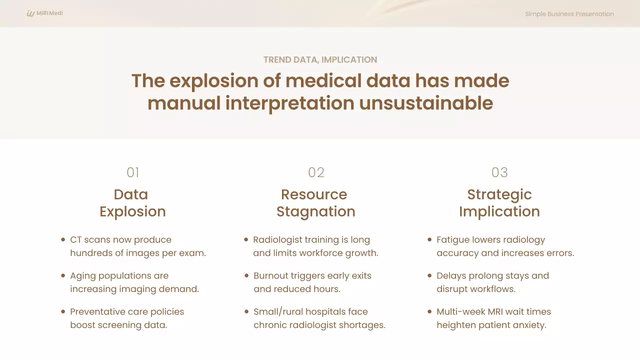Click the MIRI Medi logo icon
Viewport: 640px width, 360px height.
click(x=30, y=13)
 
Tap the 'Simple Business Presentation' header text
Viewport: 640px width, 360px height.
click(x=569, y=14)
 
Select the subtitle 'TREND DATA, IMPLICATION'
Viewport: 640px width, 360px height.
click(x=320, y=59)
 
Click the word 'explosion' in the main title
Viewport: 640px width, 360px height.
click(x=214, y=81)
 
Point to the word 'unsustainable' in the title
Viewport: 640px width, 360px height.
click(x=426, y=103)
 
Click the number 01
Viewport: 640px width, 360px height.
click(x=133, y=172)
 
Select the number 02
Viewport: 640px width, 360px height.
click(x=316, y=172)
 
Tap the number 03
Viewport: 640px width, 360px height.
click(x=499, y=172)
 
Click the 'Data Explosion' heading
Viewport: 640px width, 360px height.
click(x=132, y=203)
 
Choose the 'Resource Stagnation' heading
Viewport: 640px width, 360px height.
click(x=315, y=203)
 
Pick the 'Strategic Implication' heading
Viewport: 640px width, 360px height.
click(x=499, y=203)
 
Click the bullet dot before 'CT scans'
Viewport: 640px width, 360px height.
click(x=63, y=239)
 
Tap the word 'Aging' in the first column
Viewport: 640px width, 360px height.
click(x=83, y=276)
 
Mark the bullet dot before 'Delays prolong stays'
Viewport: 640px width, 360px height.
click(x=429, y=275)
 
